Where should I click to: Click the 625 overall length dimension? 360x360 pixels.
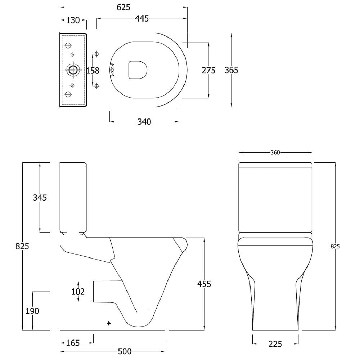123,7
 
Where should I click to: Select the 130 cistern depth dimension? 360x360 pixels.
73,20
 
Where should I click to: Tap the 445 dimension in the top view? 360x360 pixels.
141,18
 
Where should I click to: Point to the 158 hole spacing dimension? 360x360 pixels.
93,71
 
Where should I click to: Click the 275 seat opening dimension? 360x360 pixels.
208,70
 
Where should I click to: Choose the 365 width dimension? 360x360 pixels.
231,70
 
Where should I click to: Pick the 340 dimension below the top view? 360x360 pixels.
144,122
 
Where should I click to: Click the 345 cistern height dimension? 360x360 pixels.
40,197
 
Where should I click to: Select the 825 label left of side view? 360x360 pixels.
22,246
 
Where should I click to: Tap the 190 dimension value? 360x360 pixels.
32,311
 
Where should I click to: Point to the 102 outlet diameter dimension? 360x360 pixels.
78,292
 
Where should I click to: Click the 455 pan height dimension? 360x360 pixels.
204,284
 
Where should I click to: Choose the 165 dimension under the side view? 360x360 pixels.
73,343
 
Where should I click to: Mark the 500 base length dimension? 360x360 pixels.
125,351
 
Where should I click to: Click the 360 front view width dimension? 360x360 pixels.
275,152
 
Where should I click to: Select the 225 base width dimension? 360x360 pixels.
275,344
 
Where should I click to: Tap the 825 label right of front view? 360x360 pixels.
335,246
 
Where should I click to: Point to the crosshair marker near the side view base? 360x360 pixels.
109,323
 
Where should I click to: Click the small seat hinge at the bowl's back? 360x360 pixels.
112,70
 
